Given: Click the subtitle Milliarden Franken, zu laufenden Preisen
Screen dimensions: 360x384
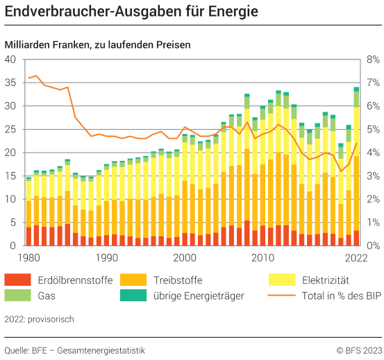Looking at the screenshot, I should (97, 44).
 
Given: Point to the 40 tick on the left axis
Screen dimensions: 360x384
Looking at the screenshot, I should (10, 60).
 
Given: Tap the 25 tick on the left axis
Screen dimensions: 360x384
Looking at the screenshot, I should (10, 129).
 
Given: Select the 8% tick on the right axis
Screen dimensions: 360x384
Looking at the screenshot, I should (373, 60).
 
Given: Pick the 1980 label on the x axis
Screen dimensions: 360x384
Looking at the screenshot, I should (28, 258).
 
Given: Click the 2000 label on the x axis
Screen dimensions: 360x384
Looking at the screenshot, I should (185, 258).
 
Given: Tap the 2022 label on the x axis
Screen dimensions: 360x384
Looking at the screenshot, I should (356, 258).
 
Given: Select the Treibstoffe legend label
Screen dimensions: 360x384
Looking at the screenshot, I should (174, 280).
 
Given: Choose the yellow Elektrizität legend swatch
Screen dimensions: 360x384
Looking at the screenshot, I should (281, 280).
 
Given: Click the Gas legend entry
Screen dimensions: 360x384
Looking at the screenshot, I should (56, 296).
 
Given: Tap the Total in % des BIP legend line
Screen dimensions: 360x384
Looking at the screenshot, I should (281, 296).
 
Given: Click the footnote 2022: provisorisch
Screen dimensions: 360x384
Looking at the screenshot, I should (39, 319).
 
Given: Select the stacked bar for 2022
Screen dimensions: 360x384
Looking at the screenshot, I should (356, 166).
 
